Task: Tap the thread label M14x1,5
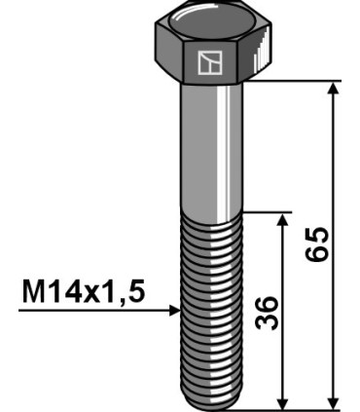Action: pos(78,291)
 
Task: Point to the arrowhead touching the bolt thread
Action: pos(175,311)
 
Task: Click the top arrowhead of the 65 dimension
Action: pos(334,89)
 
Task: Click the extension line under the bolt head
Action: pos(292,82)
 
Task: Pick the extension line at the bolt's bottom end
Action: pos(292,408)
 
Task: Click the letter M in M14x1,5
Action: pos(30,291)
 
